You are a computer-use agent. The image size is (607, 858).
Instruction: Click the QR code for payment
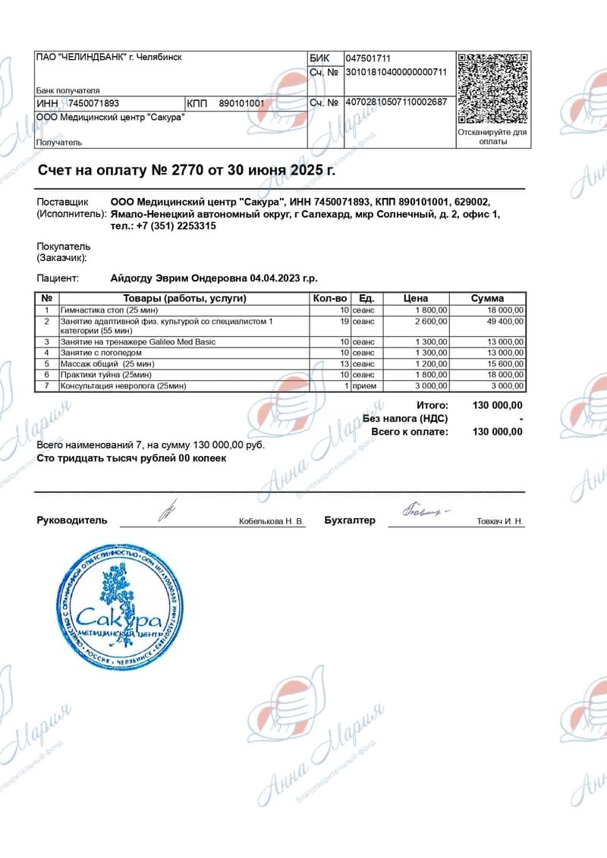pos(493,89)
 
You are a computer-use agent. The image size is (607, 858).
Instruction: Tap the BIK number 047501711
pos(368,58)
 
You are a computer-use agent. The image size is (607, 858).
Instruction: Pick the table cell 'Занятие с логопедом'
pos(101,353)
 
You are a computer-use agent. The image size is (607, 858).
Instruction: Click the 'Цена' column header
pos(416,298)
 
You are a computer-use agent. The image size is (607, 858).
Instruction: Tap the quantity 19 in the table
pos(344,322)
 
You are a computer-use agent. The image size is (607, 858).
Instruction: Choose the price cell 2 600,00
pos(432,322)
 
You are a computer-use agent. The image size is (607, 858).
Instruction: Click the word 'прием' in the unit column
pos(363,386)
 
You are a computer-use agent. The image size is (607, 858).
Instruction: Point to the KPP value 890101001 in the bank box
pos(242,103)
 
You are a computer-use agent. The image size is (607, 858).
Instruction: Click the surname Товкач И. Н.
pos(500,522)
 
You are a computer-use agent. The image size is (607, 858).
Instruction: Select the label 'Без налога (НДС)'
pos(405,419)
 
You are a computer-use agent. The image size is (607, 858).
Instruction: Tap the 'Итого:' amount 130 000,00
pos(497,406)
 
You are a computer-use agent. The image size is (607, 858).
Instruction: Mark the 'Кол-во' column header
pos(330,298)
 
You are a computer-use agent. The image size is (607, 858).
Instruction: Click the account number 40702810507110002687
pos(396,102)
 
